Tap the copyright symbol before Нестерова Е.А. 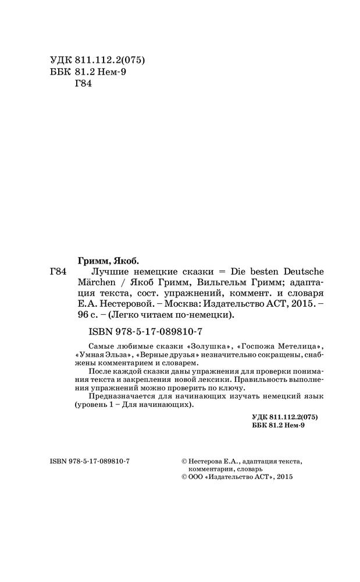point(184,460)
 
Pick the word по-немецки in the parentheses point(206,315)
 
